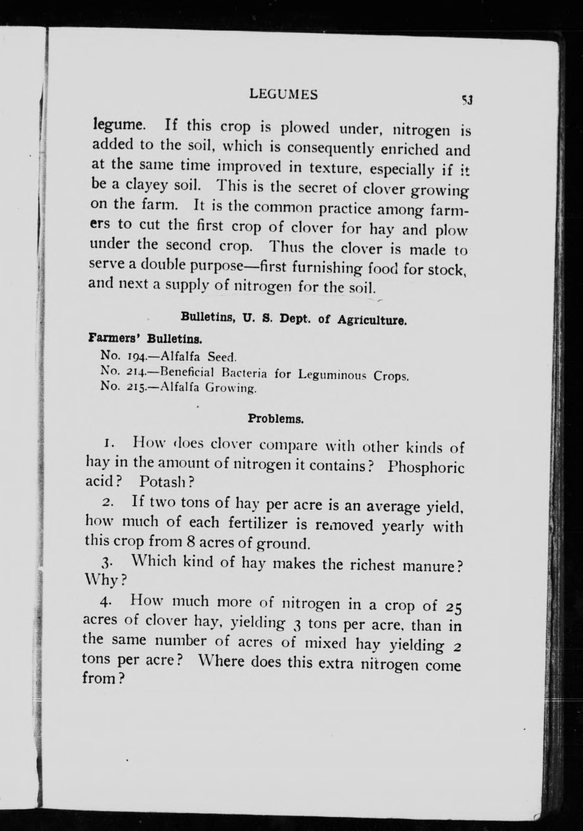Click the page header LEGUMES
pyautogui.click(x=284, y=95)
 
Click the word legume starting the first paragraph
pyautogui.click(x=117, y=126)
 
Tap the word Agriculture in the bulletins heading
pyautogui.click(x=371, y=321)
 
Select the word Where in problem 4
pyautogui.click(x=221, y=662)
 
